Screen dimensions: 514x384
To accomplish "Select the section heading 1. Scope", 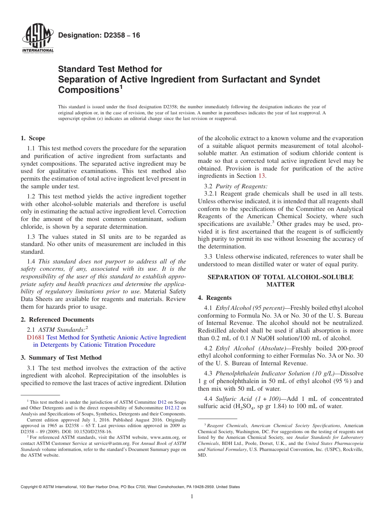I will (33, 138).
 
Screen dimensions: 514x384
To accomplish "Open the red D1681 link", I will (36, 337).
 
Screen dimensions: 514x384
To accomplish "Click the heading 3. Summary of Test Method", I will (61, 358).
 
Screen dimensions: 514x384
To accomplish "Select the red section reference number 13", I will (262, 176).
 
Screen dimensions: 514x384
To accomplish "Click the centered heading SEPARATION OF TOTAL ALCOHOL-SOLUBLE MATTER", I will (280, 280).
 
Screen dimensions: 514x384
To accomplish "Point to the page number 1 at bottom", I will (192, 497).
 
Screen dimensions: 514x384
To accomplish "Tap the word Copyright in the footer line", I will (30, 487).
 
